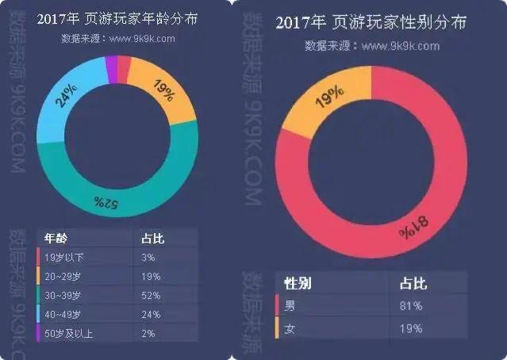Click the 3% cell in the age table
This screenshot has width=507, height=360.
point(148,257)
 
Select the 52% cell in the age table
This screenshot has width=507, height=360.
point(151,295)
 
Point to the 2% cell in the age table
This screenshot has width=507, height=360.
point(148,333)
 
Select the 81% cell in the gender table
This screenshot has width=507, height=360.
point(412,305)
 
